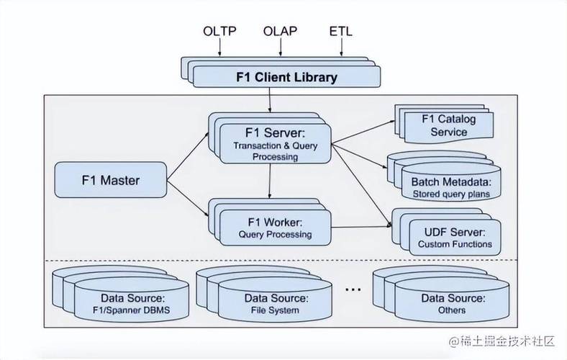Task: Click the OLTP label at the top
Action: click(x=219, y=31)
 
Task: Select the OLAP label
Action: click(x=280, y=31)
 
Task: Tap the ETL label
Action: click(x=340, y=31)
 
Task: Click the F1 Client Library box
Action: click(x=287, y=77)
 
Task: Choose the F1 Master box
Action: click(x=111, y=180)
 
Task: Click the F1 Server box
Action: click(x=276, y=143)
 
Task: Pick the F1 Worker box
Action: click(x=276, y=228)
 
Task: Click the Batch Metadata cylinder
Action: click(x=451, y=182)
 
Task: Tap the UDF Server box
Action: click(x=455, y=238)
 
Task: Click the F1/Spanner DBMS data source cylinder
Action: click(x=132, y=300)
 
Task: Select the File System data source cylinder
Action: click(x=275, y=300)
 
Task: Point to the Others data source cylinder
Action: click(x=453, y=300)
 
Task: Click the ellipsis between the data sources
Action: click(x=353, y=289)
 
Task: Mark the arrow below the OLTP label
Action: click(x=219, y=47)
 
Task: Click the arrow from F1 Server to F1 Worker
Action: click(x=270, y=181)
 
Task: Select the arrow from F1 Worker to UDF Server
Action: click(x=362, y=228)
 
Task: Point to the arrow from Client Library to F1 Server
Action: click(x=270, y=99)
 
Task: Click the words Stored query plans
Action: click(x=451, y=194)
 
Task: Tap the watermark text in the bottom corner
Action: click(x=502, y=341)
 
